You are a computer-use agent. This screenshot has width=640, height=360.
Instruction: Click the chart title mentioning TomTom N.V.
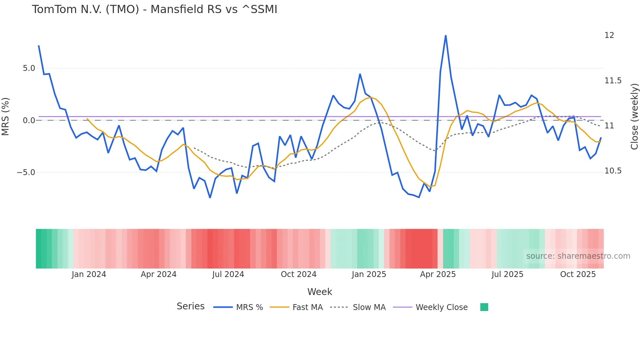[x=154, y=9]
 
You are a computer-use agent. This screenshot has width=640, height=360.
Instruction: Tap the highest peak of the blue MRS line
[x=446, y=36]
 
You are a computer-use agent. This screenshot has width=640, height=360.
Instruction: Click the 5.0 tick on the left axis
[x=29, y=68]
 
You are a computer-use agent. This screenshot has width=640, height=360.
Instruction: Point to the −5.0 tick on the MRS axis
[x=26, y=172]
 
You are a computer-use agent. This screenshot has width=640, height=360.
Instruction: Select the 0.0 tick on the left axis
[x=29, y=121]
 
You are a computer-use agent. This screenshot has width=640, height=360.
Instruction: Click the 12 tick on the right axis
[x=609, y=35]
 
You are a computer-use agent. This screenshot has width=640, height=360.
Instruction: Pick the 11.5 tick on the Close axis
[x=613, y=81]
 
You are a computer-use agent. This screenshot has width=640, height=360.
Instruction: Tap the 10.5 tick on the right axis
[x=613, y=171]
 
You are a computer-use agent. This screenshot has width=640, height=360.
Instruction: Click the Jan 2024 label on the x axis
[x=89, y=274]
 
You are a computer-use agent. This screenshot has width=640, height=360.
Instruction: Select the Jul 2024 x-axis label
[x=228, y=274]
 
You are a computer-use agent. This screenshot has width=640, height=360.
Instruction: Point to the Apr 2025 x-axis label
[x=438, y=274]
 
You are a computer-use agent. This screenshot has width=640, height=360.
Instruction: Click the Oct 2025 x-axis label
[x=578, y=274]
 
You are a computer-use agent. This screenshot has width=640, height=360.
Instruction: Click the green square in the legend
[x=484, y=307]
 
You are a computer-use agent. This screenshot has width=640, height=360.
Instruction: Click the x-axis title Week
[x=320, y=292]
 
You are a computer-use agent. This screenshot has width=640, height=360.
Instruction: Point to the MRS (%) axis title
[x=6, y=116]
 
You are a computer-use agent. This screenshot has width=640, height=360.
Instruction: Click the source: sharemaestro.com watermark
[x=578, y=256]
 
